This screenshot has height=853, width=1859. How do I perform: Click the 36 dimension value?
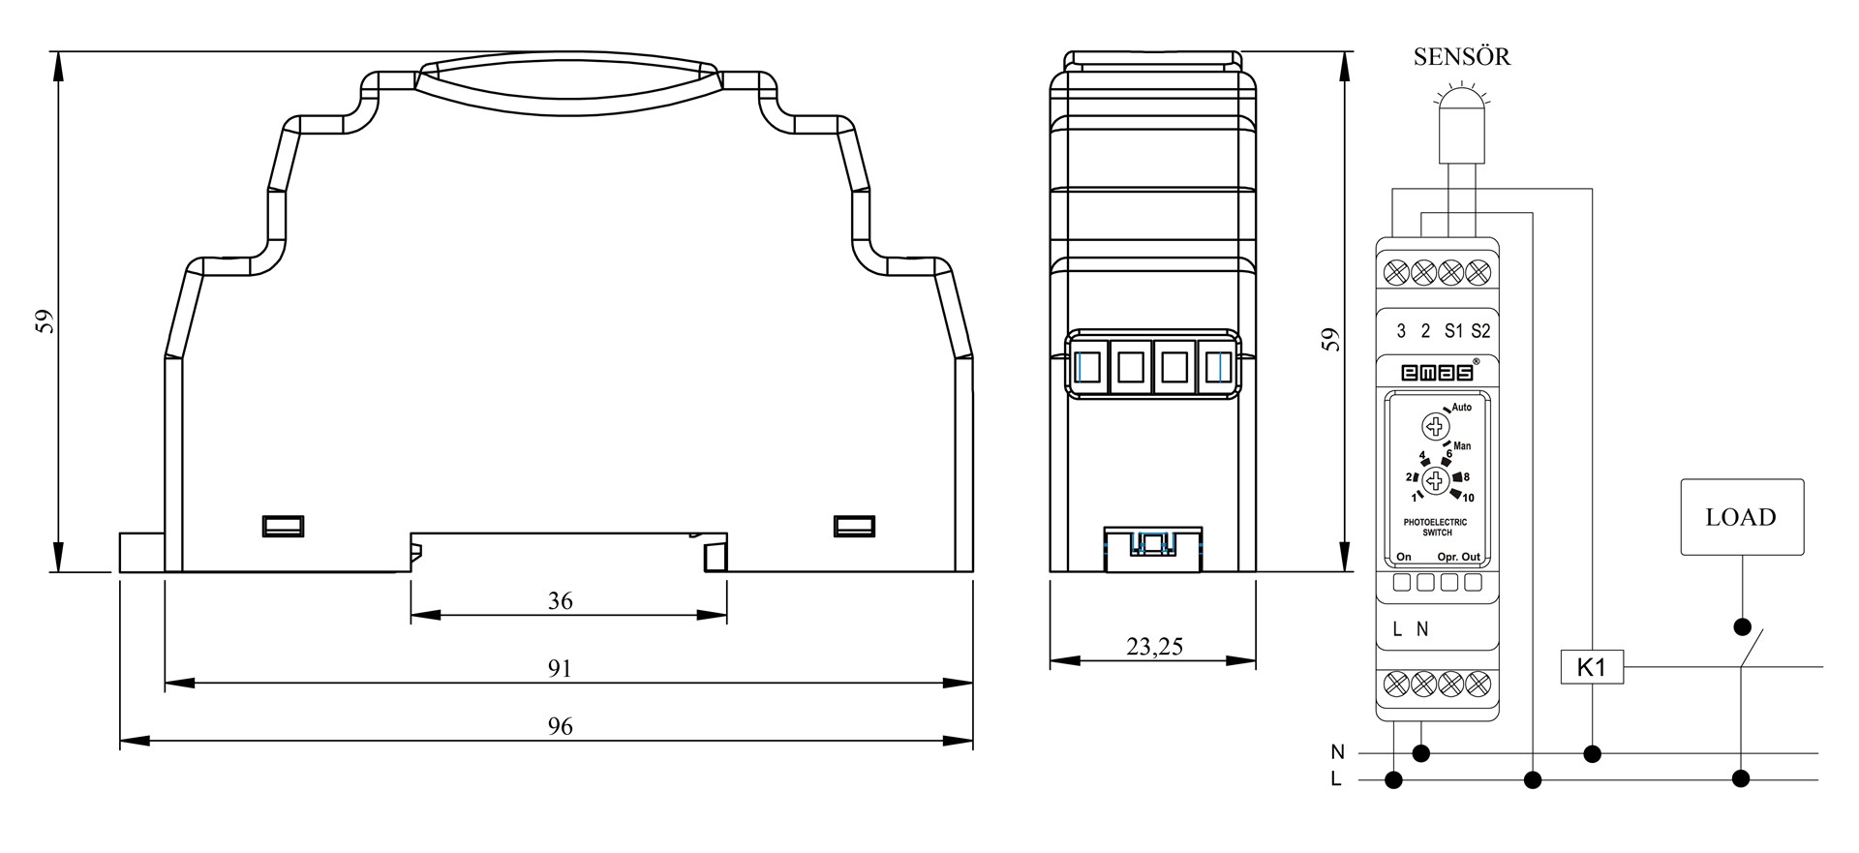coord(560,601)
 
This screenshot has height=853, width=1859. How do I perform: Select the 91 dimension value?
coord(560,669)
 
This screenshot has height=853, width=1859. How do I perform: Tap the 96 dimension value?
coord(560,726)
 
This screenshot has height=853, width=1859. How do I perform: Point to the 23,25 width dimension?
coord(1154,646)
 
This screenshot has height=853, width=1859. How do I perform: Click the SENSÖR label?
coord(1461,56)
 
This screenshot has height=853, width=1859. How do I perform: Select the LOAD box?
coord(1742,517)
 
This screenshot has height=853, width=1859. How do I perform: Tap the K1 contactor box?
coord(1592,667)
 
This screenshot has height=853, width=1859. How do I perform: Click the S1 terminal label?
coord(1453,331)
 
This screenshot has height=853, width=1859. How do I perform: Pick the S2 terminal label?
coord(1480,331)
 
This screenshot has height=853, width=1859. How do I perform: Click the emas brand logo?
coord(1437,372)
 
